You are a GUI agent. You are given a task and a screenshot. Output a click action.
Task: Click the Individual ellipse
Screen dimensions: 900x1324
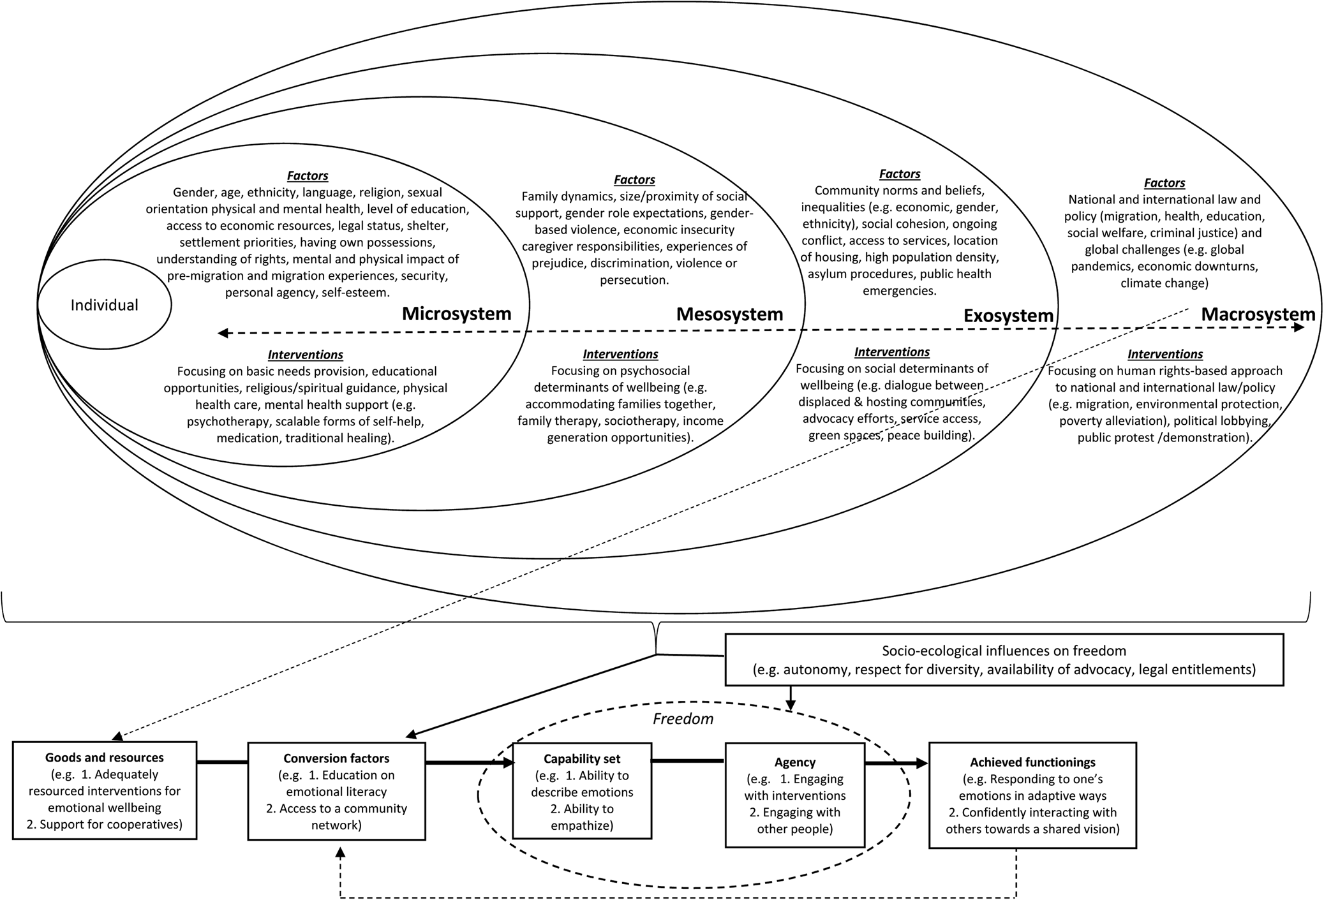(x=104, y=305)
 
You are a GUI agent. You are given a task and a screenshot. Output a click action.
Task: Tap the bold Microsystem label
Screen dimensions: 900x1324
(x=456, y=314)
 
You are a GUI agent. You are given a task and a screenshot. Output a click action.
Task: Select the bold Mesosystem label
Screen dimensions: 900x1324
(x=729, y=314)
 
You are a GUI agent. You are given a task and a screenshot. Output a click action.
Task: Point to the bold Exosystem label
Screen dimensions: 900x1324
(x=1008, y=316)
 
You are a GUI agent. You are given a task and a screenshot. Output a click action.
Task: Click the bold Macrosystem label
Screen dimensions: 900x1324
(x=1258, y=314)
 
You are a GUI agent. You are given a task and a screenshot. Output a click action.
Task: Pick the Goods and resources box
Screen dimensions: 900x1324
(x=105, y=790)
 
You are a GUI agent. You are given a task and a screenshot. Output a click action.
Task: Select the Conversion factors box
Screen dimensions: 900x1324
(x=336, y=791)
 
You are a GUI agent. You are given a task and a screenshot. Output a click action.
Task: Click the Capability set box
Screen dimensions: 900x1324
(x=582, y=791)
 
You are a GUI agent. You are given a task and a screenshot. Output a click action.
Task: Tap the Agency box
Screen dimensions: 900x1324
(x=794, y=795)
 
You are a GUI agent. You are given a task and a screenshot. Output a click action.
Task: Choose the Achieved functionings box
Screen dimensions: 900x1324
(x=1032, y=795)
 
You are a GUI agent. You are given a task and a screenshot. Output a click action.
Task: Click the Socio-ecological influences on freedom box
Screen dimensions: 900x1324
(x=1004, y=660)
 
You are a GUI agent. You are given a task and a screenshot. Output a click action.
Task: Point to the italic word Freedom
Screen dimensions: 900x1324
(x=683, y=719)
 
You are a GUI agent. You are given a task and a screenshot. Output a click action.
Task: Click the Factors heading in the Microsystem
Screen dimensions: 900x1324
(x=308, y=175)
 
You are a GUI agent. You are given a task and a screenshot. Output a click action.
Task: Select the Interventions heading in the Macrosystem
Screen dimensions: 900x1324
(x=1165, y=354)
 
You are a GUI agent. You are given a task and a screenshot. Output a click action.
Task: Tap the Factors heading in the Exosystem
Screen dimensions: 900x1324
(x=900, y=173)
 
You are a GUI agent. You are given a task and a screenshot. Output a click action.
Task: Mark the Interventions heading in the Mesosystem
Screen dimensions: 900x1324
(x=620, y=354)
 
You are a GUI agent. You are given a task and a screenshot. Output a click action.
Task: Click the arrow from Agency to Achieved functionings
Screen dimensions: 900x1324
(x=896, y=763)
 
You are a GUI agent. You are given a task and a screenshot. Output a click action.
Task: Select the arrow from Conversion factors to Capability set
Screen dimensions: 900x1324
(x=469, y=763)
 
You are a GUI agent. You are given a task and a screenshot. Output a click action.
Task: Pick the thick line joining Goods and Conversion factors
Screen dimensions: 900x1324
(x=222, y=762)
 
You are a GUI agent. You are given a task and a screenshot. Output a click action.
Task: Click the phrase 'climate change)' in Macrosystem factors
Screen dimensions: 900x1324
(x=1164, y=283)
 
